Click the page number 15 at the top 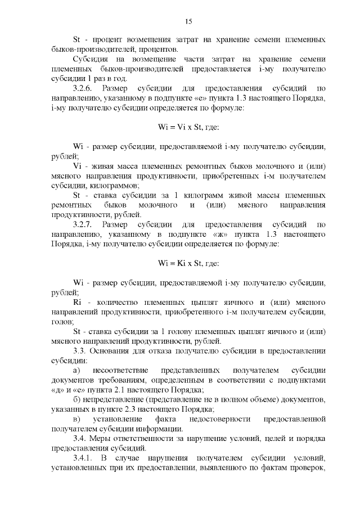(x=188, y=21)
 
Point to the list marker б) (x=76, y=399)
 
